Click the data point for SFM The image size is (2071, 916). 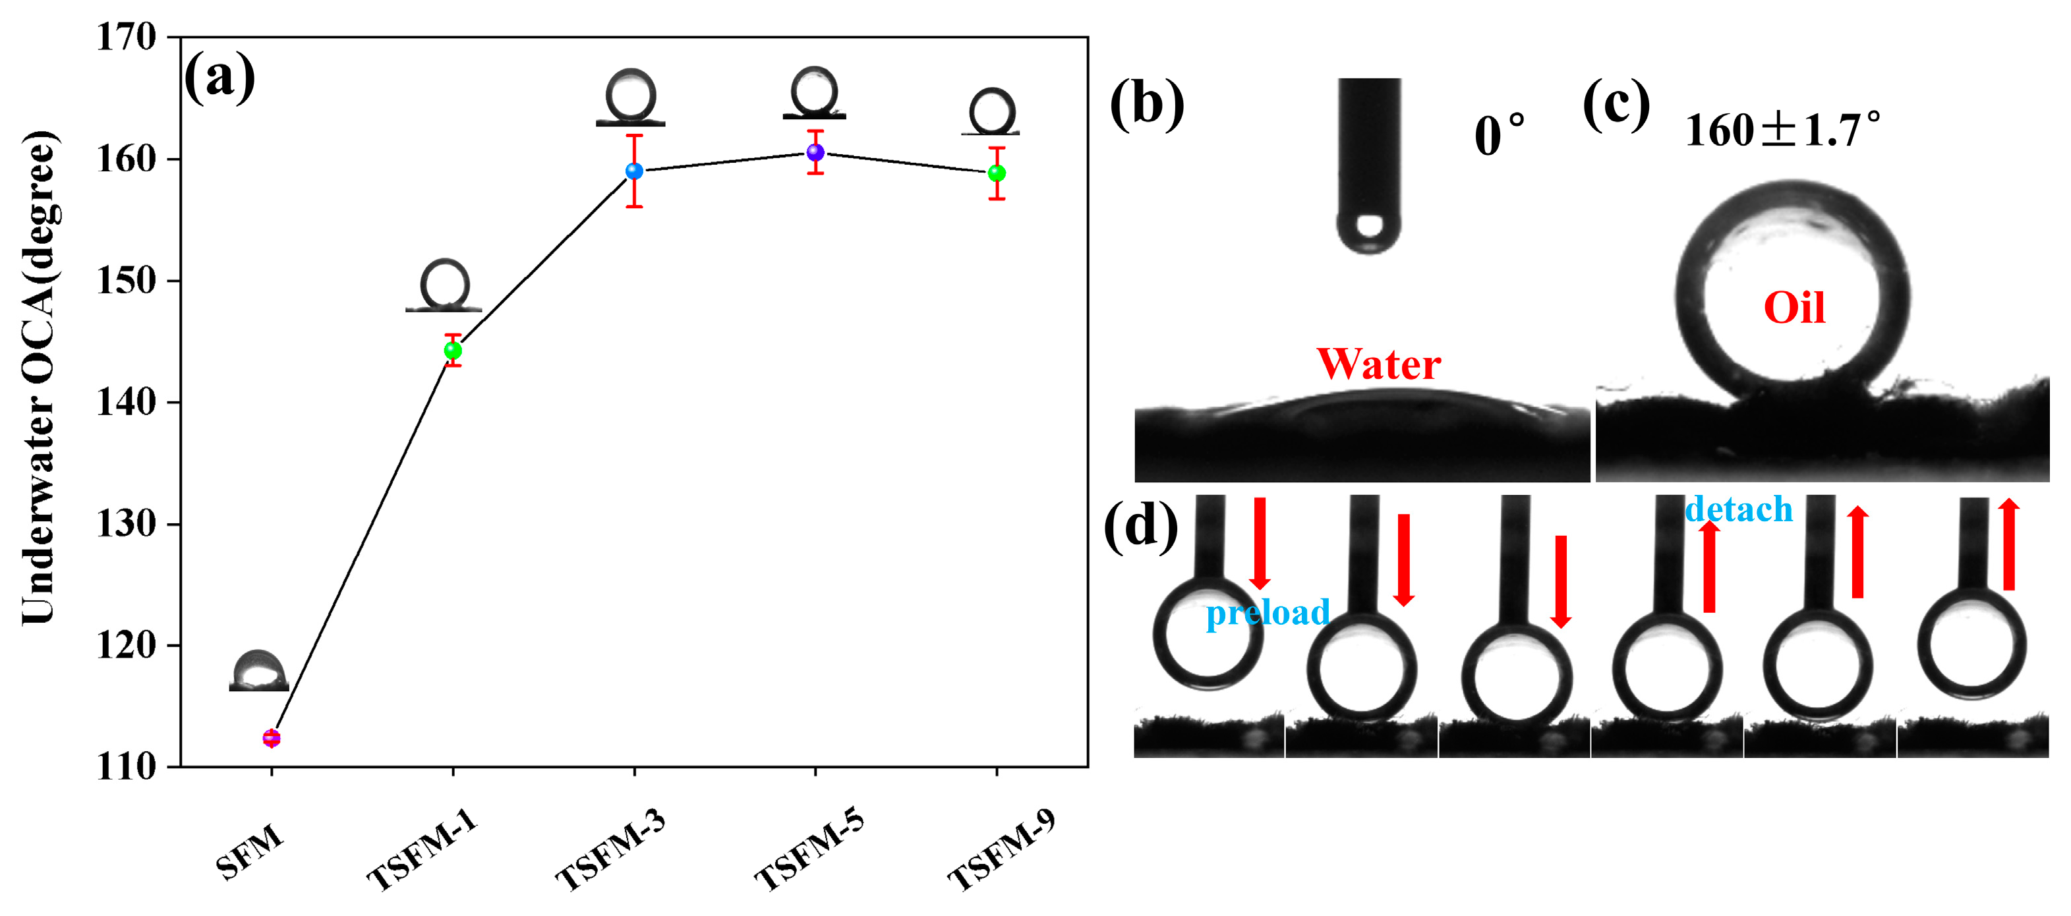272,737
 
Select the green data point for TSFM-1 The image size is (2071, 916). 453,351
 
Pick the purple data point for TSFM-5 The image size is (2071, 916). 815,152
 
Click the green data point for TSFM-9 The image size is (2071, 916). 997,173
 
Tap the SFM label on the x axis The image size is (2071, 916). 250,851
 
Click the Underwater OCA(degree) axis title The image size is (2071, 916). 39,378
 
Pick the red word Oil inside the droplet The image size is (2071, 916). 1794,308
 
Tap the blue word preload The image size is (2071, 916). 1268,613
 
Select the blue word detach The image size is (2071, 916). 1738,509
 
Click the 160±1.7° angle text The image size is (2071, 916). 1782,131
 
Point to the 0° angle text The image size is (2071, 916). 1499,135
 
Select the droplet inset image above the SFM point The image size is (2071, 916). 259,671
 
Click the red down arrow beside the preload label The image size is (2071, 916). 1260,543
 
